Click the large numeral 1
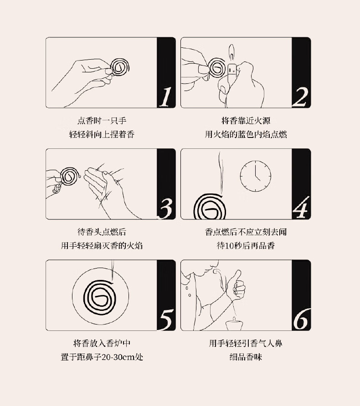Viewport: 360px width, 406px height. click(165, 96)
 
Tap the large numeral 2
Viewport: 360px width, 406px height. click(301, 97)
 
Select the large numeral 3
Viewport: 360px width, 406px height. click(165, 208)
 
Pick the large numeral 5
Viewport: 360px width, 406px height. click(166, 320)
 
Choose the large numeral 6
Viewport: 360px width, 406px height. click(301, 319)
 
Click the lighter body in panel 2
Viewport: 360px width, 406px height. click(231, 71)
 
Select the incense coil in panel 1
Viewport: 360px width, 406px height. click(119, 67)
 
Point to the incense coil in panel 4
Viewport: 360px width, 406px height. click(210, 207)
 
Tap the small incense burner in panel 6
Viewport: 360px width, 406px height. click(235, 324)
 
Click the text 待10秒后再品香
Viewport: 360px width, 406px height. click(246, 246)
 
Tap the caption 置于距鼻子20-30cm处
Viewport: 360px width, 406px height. click(102, 357)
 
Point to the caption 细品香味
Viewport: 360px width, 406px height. click(246, 357)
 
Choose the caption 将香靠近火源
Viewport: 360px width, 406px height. click(246, 121)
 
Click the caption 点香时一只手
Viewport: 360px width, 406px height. click(102, 121)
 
